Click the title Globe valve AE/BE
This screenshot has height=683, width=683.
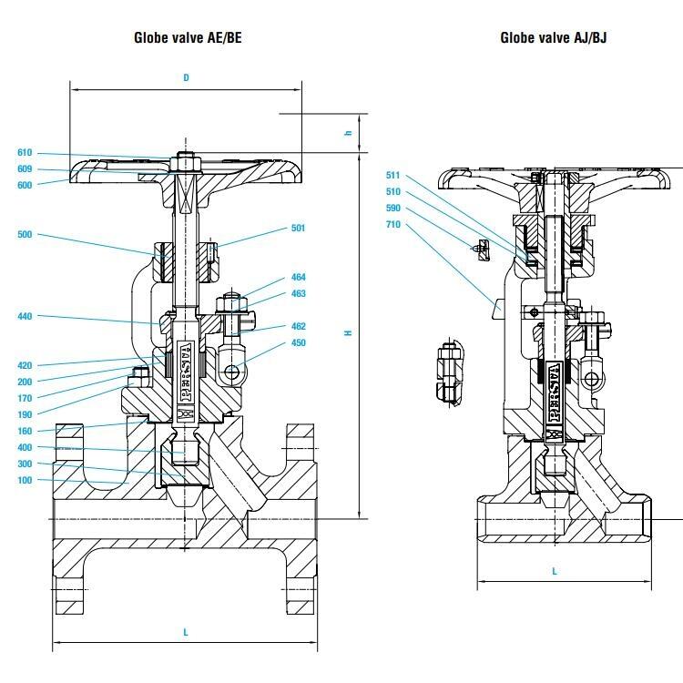(x=188, y=37)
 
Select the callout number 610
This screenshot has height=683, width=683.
(x=25, y=153)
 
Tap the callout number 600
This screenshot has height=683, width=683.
(x=25, y=185)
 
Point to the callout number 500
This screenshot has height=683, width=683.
(x=25, y=235)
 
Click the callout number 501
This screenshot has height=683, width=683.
(x=299, y=228)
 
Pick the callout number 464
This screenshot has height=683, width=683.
(x=299, y=277)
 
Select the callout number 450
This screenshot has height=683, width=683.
(x=299, y=343)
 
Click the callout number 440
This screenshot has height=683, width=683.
(x=25, y=317)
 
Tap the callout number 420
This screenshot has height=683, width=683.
(x=25, y=366)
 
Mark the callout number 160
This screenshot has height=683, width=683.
(x=25, y=432)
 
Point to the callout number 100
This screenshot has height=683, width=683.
(x=25, y=481)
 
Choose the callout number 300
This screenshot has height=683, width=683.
(x=25, y=464)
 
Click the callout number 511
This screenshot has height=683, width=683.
(x=393, y=175)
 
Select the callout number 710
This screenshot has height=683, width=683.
(x=393, y=224)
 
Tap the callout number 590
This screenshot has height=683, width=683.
(x=393, y=208)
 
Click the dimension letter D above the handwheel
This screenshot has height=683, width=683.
(x=186, y=78)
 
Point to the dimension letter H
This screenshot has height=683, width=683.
(x=347, y=333)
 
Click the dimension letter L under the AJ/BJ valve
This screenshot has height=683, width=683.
(x=555, y=572)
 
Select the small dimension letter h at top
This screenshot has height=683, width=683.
(x=347, y=134)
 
